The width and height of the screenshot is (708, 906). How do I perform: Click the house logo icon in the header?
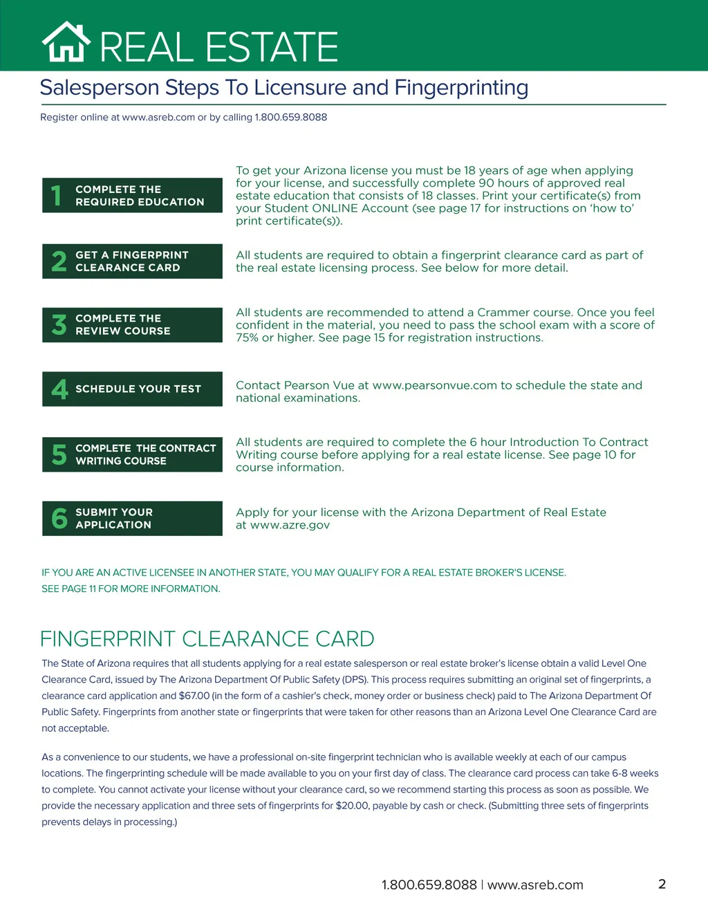66,43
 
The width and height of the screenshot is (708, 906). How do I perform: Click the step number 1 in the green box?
57,196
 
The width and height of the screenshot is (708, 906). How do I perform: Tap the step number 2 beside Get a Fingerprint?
59,261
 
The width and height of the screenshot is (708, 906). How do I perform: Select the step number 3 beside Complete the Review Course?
59,325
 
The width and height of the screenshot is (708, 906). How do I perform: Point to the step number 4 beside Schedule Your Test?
59,389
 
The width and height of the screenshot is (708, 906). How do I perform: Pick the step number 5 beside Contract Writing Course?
59,454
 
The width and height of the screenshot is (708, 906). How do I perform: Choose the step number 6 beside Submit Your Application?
59,519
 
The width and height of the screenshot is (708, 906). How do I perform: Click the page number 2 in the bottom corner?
662,884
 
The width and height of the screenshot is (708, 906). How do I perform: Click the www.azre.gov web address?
290,525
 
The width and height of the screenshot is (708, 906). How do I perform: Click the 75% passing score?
247,338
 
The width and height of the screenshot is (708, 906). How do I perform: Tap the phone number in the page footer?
429,885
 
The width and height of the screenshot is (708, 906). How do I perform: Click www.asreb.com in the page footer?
535,885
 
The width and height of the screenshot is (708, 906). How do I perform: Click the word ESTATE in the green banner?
272,47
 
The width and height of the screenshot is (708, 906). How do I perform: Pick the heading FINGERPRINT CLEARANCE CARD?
207,639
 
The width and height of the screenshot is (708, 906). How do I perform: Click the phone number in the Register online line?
291,118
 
